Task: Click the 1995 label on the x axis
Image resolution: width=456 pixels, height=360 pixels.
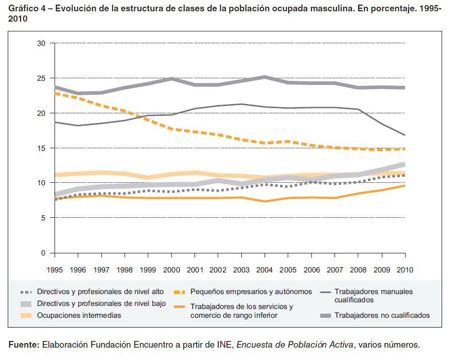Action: coord(55,269)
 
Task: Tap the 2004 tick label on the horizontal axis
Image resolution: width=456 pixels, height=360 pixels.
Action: coord(265,269)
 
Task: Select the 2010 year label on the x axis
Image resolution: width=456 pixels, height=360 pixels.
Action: coord(405,269)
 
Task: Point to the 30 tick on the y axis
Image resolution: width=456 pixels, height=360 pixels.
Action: coord(42,44)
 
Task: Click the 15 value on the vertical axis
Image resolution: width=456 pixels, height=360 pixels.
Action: coord(42,148)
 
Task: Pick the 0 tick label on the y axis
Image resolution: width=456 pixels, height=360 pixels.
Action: coord(44,253)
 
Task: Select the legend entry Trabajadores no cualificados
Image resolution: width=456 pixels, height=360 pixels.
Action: coord(382,315)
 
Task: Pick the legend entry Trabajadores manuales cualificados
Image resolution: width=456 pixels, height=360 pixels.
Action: coord(373,296)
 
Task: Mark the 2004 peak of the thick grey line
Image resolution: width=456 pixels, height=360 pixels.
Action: coord(265,77)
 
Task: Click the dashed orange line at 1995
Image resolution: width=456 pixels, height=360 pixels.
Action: coord(56,93)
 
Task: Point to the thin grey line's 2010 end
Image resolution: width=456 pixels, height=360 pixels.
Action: coord(405,135)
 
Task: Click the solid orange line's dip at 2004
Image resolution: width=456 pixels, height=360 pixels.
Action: coord(265,201)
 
